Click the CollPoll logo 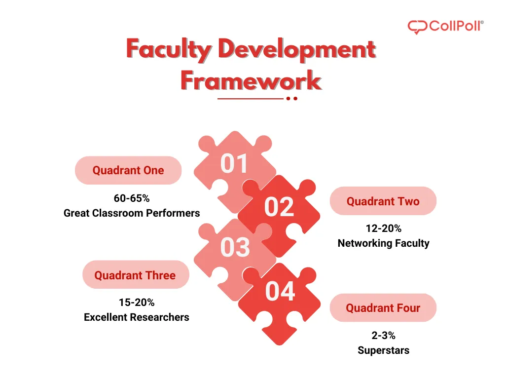(x=445, y=26)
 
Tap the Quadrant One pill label (x=128, y=170)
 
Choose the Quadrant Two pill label (x=383, y=201)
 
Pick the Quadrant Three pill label (x=135, y=275)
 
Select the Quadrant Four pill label (x=383, y=308)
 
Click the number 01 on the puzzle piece (x=234, y=164)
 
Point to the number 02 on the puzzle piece (x=279, y=207)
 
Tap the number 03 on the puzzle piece (x=235, y=247)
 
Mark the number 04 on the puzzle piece (x=280, y=291)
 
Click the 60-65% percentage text (x=132, y=198)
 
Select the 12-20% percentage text (x=383, y=228)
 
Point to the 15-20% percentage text (x=137, y=302)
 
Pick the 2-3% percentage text (x=383, y=336)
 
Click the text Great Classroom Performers (x=132, y=213)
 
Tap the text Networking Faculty (x=383, y=243)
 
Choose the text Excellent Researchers (x=137, y=317)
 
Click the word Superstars (x=383, y=350)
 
